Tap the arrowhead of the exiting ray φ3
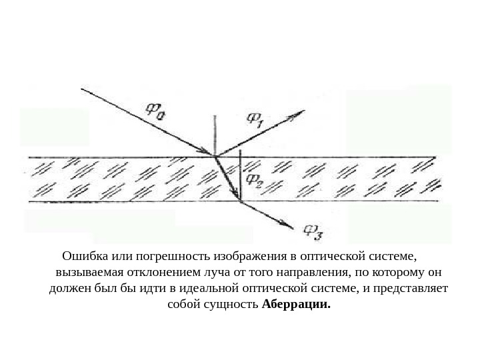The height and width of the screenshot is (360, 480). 289,227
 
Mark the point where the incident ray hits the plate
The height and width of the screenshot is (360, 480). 215,157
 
